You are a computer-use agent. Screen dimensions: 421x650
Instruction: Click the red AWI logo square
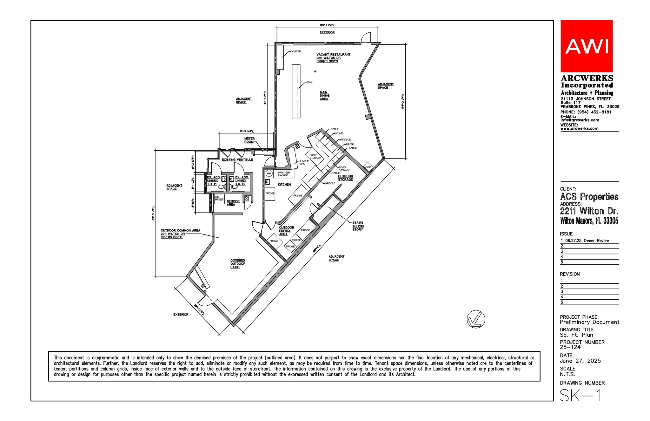pos(586,46)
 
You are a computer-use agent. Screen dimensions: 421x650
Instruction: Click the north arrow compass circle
pos(476,319)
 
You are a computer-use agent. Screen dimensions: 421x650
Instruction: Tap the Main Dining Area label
pos(324,96)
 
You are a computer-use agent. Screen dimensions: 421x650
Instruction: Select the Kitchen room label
pos(284,185)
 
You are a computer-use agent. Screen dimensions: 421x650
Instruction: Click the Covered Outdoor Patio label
pos(238,264)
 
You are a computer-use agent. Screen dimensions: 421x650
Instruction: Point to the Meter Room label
pos(249,140)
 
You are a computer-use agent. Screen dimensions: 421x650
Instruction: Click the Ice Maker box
pos(219,199)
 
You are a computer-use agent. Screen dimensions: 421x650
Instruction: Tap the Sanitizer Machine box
pos(284,174)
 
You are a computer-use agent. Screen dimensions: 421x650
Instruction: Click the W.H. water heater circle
pos(269,173)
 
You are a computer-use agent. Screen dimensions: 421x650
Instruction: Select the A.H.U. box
pos(368,167)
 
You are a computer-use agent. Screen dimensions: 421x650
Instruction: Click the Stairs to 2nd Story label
pos(358,226)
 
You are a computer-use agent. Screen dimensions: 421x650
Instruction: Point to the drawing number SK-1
pos(580,396)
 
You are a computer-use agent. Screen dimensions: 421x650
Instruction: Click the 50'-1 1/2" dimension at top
pos(327,25)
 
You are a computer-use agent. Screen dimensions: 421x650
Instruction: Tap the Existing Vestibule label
pos(237,160)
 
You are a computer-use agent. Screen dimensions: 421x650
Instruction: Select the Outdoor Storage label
pos(345,178)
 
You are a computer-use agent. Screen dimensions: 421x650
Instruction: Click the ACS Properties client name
pos(589,197)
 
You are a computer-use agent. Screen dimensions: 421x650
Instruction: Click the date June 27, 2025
pos(580,361)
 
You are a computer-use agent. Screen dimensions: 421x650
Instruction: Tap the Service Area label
pos(233,203)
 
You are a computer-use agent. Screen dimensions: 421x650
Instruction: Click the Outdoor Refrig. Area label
pos(286,231)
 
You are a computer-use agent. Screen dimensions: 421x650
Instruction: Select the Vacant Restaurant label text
pos(333,55)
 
